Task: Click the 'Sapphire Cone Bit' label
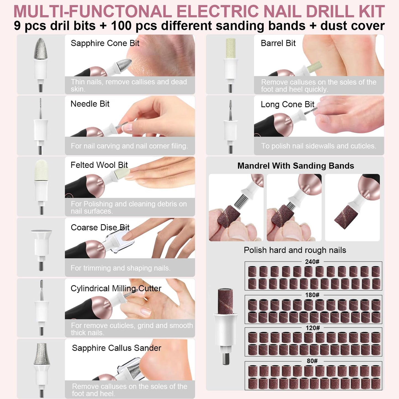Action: tap(105, 43)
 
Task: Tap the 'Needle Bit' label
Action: tap(90, 104)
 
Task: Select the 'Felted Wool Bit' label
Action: tap(99, 165)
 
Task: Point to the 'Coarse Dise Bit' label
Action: tap(100, 228)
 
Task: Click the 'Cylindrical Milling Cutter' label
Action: tap(116, 288)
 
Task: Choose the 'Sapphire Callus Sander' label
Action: tap(117, 348)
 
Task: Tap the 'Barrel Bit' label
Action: tap(278, 43)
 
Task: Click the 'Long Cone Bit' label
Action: tap(287, 104)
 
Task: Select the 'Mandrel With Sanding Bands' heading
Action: tap(295, 166)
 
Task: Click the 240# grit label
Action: tap(312, 262)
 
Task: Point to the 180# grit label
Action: tap(312, 295)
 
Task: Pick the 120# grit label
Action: tap(313, 328)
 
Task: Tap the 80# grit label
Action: tap(312, 361)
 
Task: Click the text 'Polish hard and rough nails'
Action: tap(295, 250)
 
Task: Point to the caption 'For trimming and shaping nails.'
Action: tap(120, 268)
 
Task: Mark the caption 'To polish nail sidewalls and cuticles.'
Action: tap(318, 146)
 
